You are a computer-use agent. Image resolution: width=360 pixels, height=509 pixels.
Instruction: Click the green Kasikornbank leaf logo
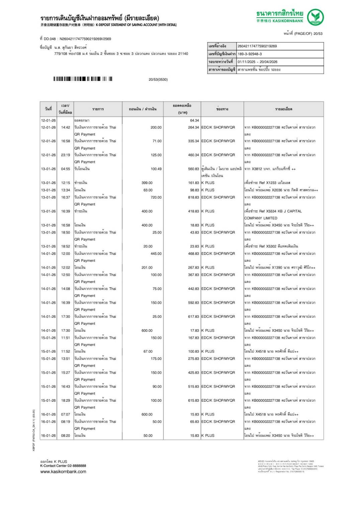click(315, 17)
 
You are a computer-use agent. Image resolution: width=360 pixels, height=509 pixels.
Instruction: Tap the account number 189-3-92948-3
click(250, 54)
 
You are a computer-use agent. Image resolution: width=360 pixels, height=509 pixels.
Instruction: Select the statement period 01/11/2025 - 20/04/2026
click(257, 62)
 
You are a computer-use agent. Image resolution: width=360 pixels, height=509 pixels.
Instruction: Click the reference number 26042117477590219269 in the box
click(257, 46)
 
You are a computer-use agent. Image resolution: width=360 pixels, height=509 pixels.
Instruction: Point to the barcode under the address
click(83, 79)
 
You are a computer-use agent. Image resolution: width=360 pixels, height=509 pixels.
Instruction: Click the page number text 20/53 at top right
click(318, 34)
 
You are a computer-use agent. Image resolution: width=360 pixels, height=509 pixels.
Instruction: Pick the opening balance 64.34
click(194, 120)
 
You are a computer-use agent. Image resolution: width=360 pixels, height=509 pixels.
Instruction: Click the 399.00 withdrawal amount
click(147, 183)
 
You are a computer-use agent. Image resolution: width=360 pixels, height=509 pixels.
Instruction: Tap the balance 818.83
click(193, 197)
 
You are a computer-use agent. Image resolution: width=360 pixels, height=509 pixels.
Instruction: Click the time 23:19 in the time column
click(66, 155)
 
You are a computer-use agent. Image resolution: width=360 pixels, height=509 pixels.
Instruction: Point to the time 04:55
click(66, 169)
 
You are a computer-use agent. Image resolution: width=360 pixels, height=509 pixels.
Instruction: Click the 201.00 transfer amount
click(147, 268)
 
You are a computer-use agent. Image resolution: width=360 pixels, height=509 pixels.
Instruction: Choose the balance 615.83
click(193, 400)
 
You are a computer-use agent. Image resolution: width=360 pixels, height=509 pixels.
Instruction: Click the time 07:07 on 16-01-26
click(66, 414)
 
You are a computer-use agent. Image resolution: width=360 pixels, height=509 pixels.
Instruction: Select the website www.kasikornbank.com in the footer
click(63, 472)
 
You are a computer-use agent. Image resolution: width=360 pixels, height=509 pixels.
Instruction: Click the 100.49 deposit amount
click(156, 169)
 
